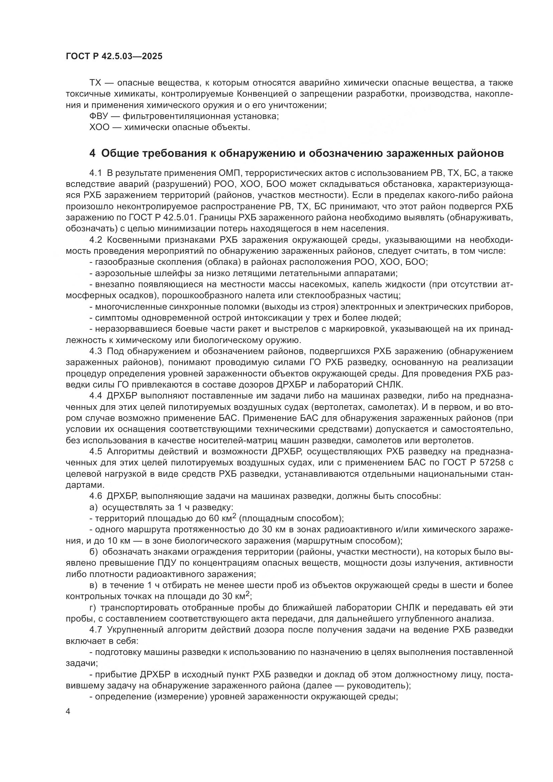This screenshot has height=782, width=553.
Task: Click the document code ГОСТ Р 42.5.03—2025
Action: [x=114, y=56]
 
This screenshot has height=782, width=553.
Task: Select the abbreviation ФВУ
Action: [x=98, y=116]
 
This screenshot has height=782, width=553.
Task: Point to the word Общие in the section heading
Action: [x=117, y=153]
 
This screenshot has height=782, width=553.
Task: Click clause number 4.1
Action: [x=96, y=174]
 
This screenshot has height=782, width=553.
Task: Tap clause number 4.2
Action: [x=96, y=240]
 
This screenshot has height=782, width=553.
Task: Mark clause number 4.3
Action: [x=96, y=351]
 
